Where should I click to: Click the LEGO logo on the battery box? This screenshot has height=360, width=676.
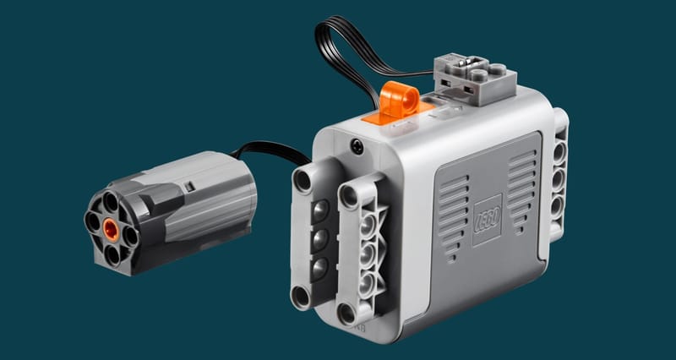pos(488,221)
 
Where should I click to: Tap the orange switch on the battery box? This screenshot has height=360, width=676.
pos(399,101)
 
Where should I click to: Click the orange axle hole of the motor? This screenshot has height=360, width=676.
pos(111,229)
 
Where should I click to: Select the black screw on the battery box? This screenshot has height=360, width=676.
pos(357,147)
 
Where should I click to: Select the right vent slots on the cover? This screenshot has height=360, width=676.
pos(523,192)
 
